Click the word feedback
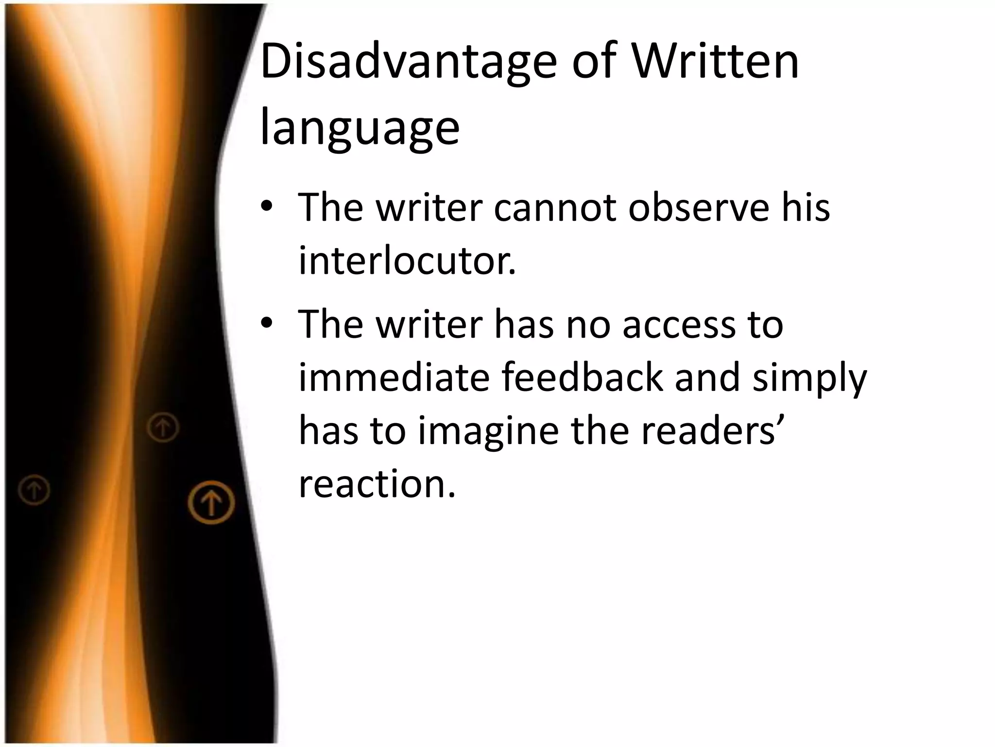[582, 378]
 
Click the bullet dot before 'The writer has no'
[267, 323]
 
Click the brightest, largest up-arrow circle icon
[211, 502]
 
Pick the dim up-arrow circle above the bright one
[163, 427]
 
